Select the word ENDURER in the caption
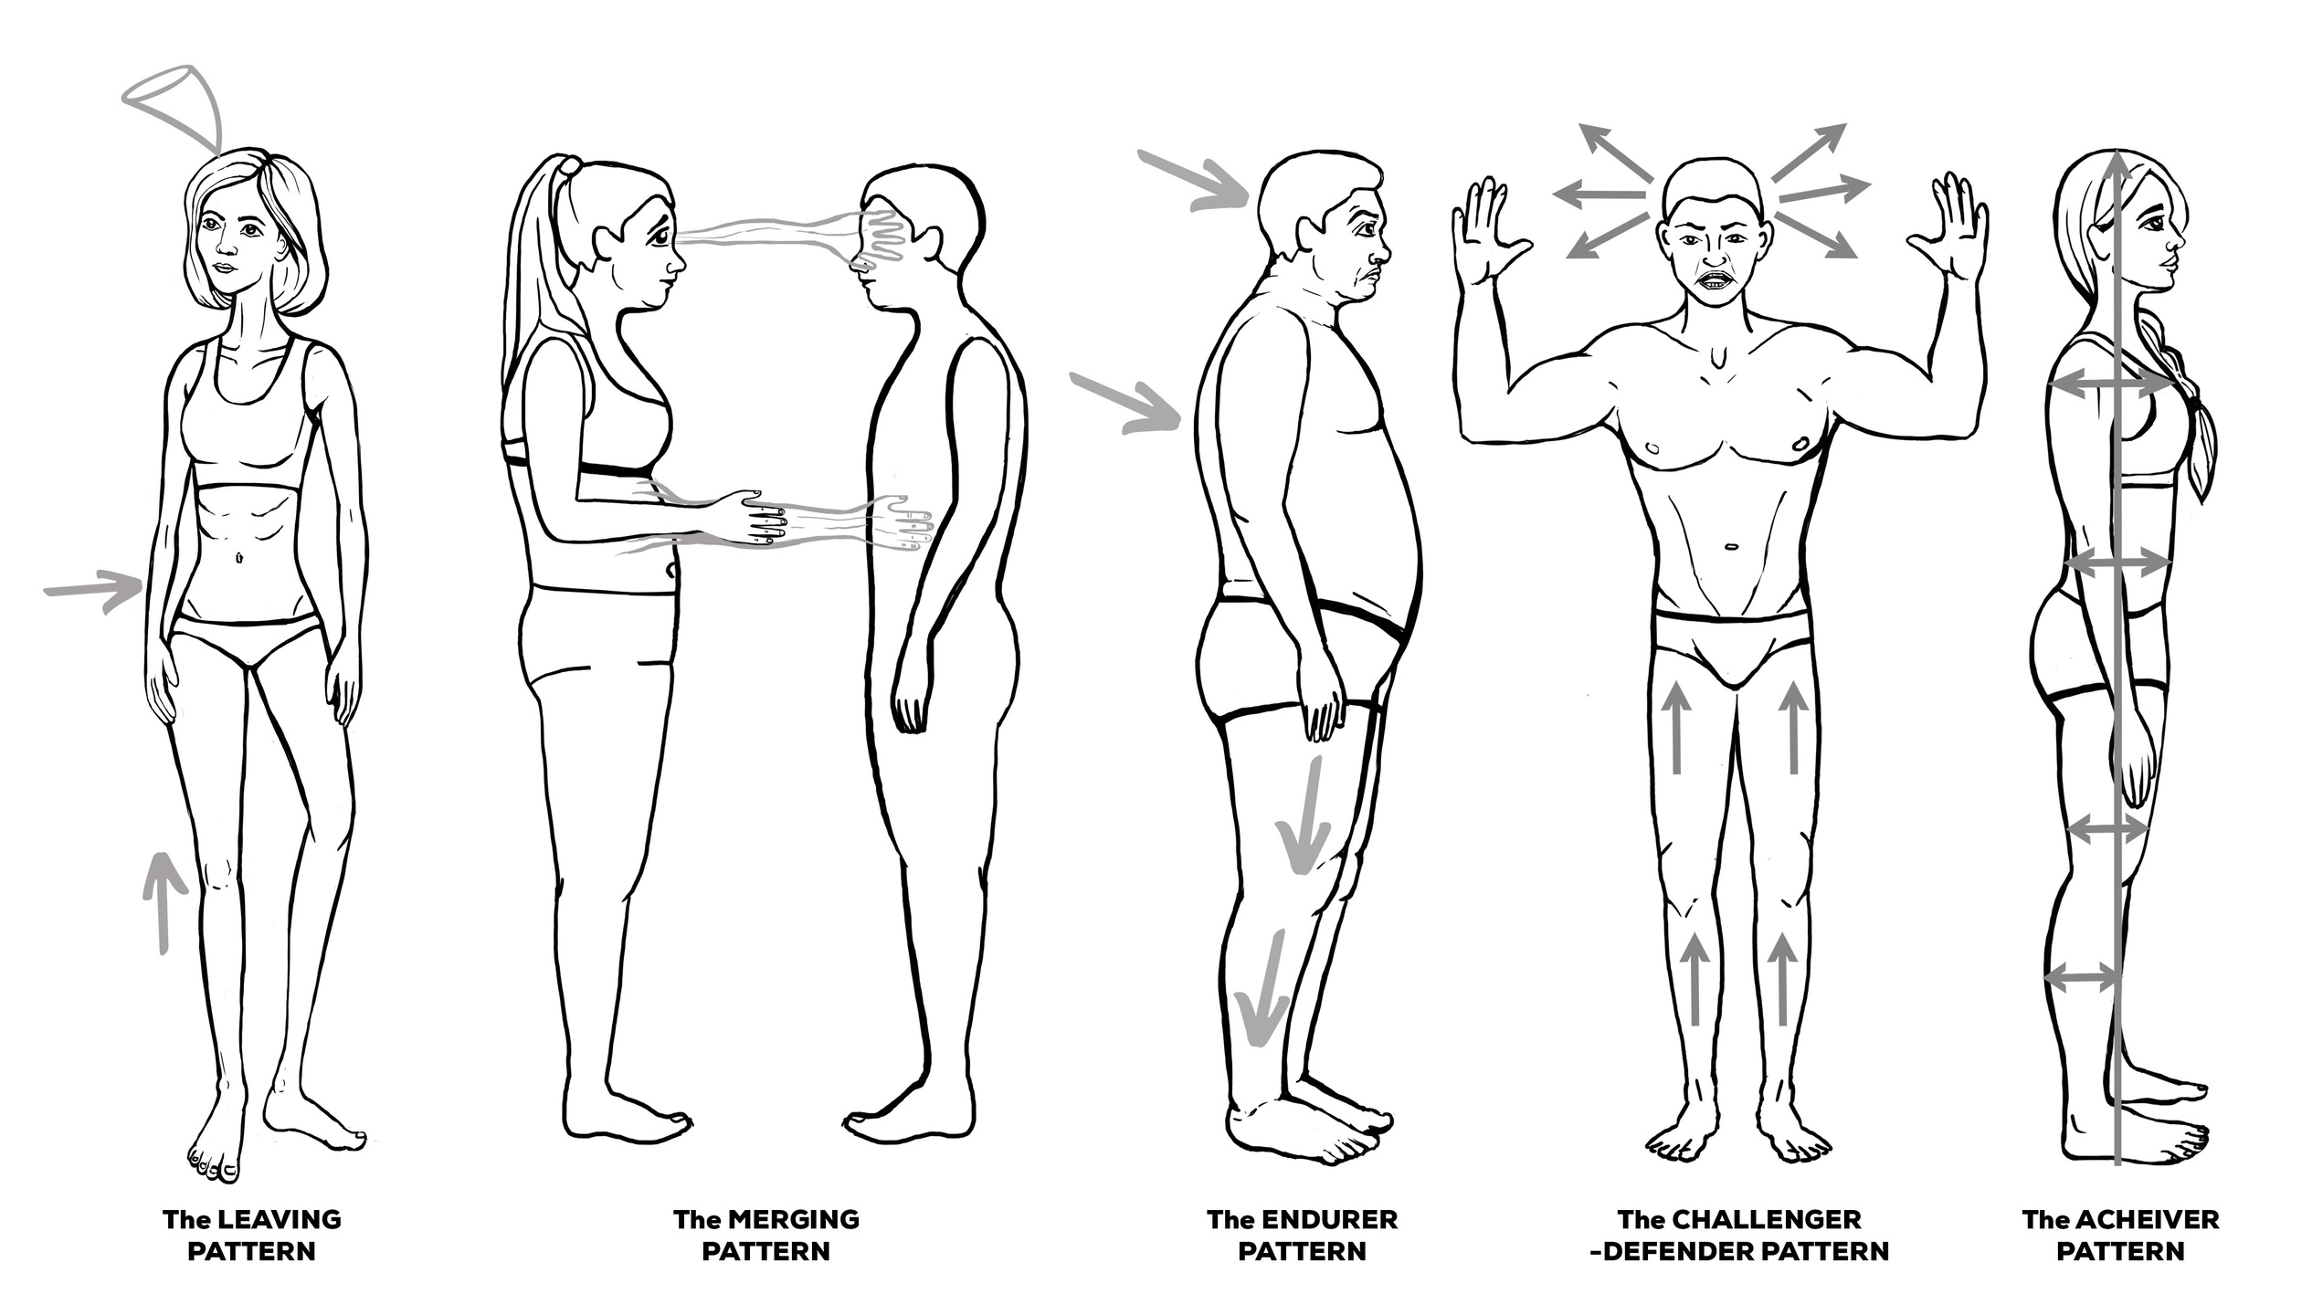coord(1329,1219)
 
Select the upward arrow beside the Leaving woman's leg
coord(163,899)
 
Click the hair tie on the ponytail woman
coord(570,168)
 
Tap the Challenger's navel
coord(1730,548)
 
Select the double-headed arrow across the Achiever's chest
coord(2112,386)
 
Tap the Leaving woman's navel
coord(239,556)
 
